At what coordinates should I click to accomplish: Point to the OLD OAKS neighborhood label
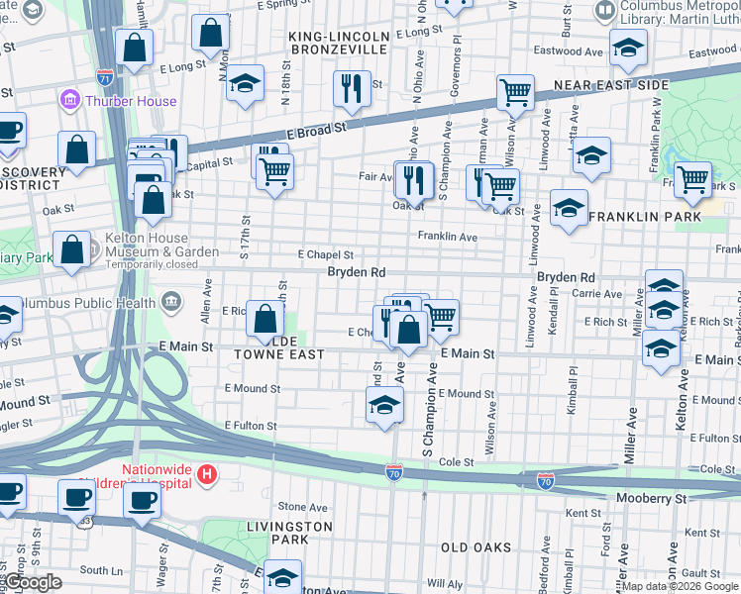point(476,547)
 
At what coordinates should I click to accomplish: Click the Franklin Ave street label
point(447,238)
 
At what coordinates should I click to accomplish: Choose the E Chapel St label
point(325,255)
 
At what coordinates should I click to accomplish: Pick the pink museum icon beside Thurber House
point(69,101)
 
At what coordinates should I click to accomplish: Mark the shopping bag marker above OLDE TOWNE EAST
point(265,319)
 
